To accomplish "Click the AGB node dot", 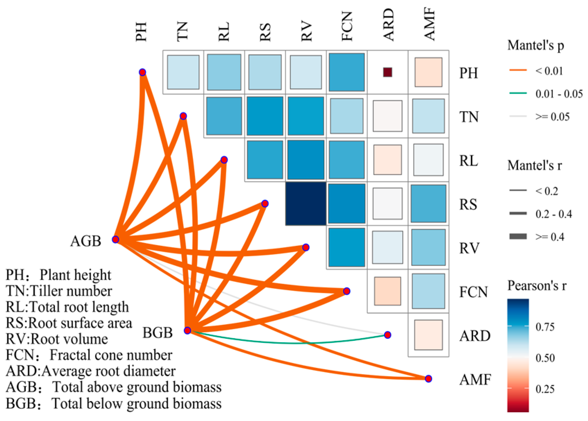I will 115,240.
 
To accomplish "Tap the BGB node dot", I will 187,330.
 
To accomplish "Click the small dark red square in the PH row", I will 387,72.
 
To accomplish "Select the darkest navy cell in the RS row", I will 306,204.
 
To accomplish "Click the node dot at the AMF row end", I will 429,379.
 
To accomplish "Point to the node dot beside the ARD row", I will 388,335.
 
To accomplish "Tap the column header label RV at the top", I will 306,32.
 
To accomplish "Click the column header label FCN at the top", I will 347,26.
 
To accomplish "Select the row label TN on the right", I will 469,117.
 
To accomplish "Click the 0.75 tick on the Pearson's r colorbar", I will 545,327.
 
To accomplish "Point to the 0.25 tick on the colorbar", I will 545,389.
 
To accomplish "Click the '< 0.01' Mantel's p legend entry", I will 549,71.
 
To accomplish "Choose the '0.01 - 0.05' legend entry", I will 559,94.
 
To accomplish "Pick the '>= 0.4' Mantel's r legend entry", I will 550,237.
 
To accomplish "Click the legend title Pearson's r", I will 537,286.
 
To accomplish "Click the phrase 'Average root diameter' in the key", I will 108,371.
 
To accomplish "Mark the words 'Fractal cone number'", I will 111,355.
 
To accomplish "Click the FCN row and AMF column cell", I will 428,291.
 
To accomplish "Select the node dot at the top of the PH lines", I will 142,72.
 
